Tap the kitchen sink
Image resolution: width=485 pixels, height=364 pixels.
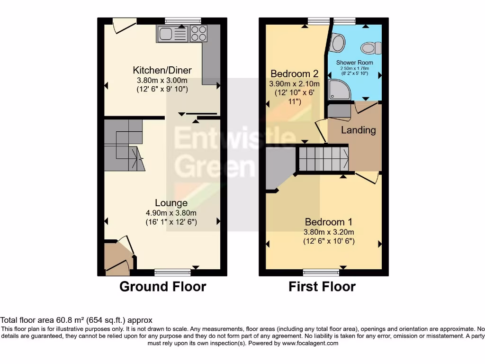click(x=167, y=33)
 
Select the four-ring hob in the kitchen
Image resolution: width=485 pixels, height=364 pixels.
click(x=198, y=33)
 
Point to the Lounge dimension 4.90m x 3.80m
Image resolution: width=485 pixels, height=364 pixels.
click(x=171, y=213)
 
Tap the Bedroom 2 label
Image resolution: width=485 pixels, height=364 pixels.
click(x=294, y=74)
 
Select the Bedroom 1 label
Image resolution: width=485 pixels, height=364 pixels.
click(x=328, y=222)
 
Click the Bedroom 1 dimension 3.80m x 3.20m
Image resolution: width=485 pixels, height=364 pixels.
click(x=329, y=232)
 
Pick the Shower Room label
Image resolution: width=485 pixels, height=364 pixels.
click(x=354, y=63)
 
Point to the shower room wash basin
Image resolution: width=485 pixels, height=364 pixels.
click(x=337, y=44)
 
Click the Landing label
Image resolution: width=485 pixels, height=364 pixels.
click(x=359, y=130)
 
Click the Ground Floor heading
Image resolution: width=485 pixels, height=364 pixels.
click(x=162, y=287)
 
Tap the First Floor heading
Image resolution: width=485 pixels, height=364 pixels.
click(x=322, y=287)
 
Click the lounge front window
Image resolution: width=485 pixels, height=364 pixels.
click(x=173, y=272)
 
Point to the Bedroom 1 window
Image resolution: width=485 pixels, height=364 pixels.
click(x=321, y=272)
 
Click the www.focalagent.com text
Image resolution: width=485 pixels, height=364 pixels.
click(x=310, y=343)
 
